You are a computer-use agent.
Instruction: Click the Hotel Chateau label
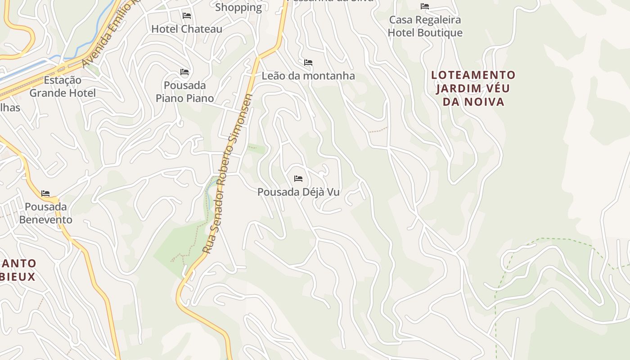187,29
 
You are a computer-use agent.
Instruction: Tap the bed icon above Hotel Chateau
187,16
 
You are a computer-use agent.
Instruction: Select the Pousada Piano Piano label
184,92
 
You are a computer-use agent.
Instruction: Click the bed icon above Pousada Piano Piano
184,72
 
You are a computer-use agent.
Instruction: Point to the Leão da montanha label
308,76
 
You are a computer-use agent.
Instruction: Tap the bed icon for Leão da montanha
308,62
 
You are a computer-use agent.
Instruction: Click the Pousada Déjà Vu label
298,192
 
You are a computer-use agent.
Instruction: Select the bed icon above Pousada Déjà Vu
298,179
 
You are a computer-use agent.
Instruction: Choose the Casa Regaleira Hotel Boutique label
425,26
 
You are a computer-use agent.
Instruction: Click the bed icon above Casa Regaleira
425,6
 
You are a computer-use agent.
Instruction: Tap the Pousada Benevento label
45,213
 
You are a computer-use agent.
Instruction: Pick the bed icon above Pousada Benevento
45,193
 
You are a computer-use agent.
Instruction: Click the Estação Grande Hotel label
63,87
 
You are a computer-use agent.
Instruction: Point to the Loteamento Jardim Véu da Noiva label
473,88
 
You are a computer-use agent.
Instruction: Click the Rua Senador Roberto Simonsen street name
227,173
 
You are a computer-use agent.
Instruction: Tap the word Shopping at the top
238,7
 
